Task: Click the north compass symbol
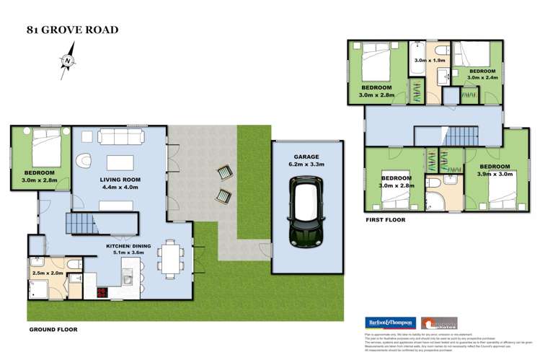click(66, 61)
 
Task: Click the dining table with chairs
click(170, 258)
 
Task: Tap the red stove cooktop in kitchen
click(102, 292)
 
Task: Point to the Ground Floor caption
click(53, 329)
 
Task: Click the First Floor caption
click(385, 220)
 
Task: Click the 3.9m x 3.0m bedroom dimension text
click(494, 174)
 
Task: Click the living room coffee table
click(120, 160)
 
